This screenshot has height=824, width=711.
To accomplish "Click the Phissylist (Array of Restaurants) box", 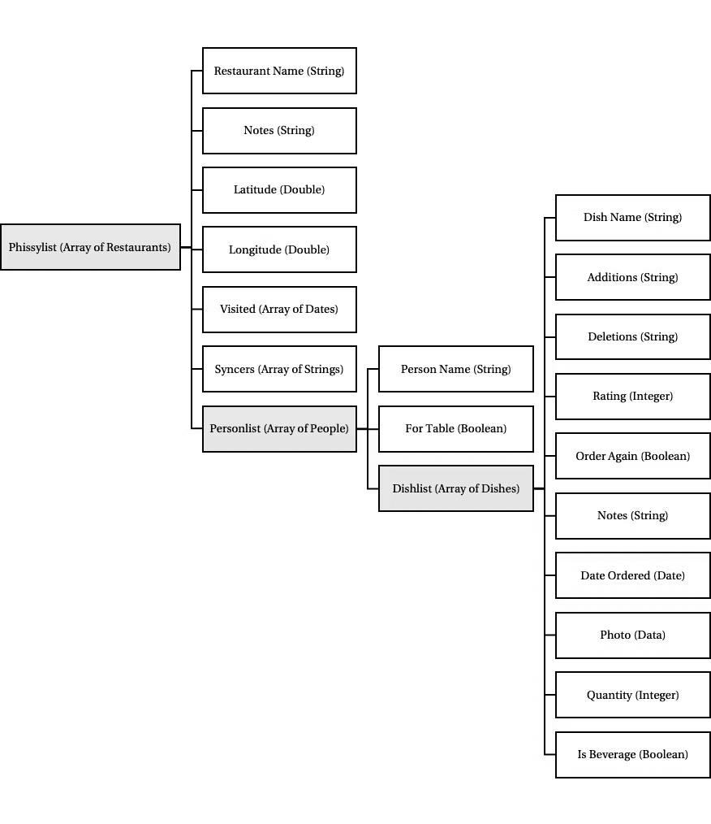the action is [x=90, y=247].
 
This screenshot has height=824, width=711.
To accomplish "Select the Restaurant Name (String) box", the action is [x=279, y=71].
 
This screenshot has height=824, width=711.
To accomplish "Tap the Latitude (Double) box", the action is [x=279, y=189].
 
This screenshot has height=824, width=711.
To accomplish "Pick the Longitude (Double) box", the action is [x=279, y=249].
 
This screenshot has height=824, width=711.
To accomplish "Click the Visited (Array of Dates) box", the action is [x=279, y=309].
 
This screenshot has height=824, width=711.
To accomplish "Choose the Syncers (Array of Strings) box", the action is [x=279, y=369].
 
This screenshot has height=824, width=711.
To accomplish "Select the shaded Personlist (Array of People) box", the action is [x=279, y=429].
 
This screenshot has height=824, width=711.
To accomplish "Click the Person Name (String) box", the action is [x=456, y=369].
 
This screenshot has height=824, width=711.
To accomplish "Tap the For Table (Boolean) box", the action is [x=456, y=429].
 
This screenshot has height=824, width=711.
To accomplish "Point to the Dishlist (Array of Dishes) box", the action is [x=456, y=488].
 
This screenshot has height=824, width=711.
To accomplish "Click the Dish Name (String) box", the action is [x=633, y=218].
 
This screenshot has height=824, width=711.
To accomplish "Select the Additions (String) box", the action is [x=633, y=277].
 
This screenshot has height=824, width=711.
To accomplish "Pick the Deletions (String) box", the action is [x=633, y=337].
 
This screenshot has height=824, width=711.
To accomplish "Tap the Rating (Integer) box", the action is [x=633, y=397].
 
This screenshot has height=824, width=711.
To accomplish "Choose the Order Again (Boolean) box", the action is [x=633, y=456].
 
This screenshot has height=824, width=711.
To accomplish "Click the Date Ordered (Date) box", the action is [x=633, y=575].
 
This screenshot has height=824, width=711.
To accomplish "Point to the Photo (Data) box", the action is [x=633, y=635].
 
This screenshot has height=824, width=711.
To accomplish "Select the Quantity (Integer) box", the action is [x=633, y=695].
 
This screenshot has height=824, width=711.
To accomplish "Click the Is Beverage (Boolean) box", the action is [x=633, y=755].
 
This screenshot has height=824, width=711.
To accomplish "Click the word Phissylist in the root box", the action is [x=32, y=248].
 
